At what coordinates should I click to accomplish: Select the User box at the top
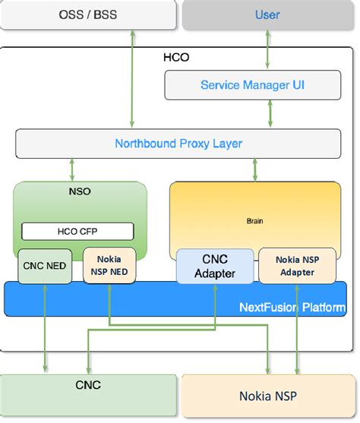click(x=267, y=15)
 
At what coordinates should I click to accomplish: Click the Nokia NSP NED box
click(x=109, y=265)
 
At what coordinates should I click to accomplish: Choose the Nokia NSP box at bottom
click(x=269, y=396)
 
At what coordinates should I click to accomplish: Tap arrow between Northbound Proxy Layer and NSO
click(x=72, y=169)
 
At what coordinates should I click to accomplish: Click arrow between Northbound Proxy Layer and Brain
click(x=253, y=169)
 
